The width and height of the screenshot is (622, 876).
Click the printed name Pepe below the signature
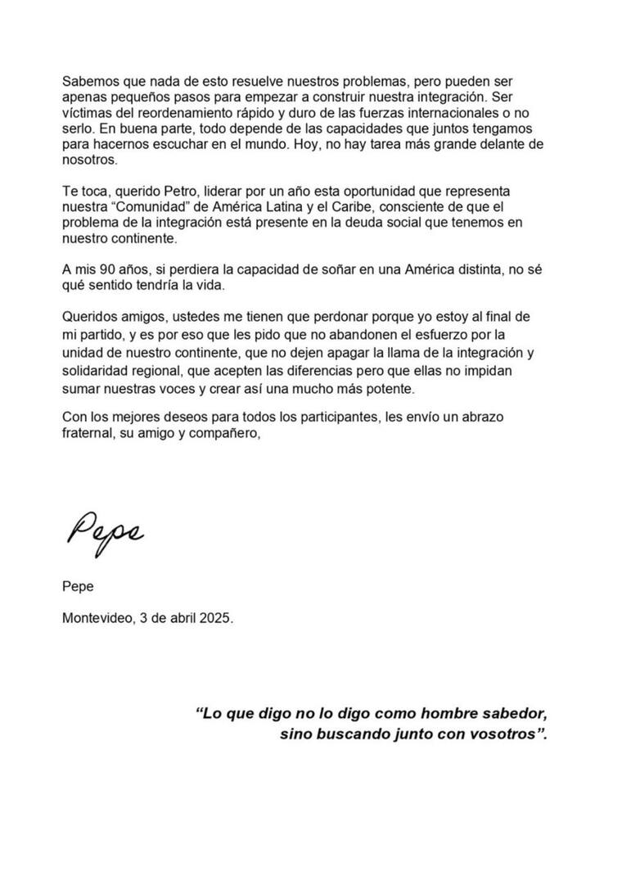coord(78,587)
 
